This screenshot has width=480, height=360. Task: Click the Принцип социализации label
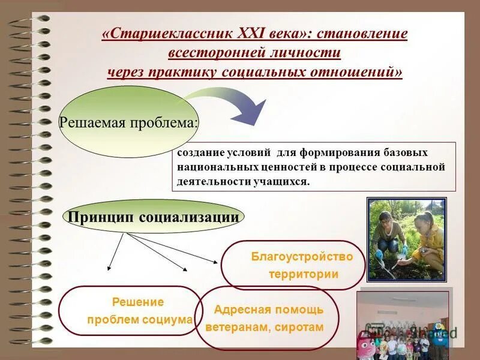pos(154,217)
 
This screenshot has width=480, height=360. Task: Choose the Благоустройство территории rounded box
pos(293,265)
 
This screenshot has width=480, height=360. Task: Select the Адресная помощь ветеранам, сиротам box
pos(267,319)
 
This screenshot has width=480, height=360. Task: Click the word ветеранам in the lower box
pos(237,328)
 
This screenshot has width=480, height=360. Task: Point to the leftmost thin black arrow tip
pos(110,268)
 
